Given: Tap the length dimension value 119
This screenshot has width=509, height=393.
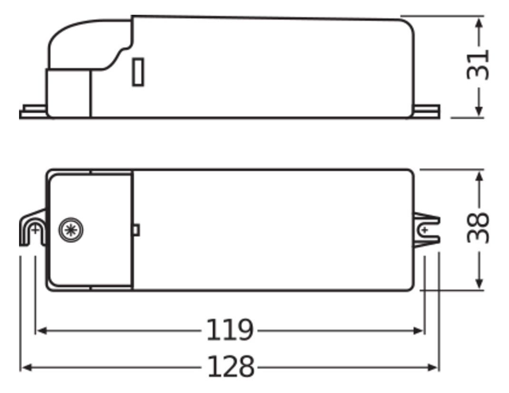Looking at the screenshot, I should coord(229,330).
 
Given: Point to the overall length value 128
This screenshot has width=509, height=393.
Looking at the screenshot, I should coord(230,367).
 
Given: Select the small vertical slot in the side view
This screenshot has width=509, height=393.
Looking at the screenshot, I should coord(138,72).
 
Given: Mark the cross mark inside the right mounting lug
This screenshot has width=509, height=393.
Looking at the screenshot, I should coord(424,230).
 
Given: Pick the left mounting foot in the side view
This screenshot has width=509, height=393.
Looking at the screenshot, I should coord(33,112).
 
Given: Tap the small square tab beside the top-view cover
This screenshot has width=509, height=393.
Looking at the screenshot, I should coord(136,230).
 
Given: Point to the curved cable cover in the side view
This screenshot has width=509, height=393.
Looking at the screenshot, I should coord(86,43).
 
